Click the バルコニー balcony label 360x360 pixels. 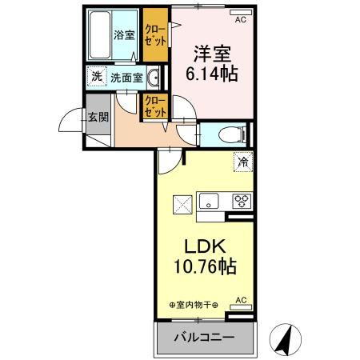coord(204,338)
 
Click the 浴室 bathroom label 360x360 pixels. coord(123,35)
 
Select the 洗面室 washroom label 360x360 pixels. coord(126,78)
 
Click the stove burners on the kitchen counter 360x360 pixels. coord(241,200)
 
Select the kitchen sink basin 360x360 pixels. coord(209,200)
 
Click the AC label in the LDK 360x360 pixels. coord(240,301)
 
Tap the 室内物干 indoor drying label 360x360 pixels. coord(195,305)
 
